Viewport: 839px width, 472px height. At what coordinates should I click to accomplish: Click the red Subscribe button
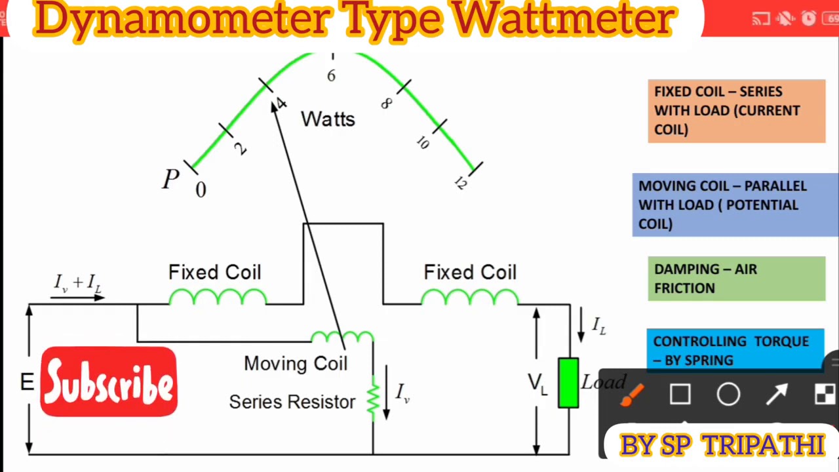point(109,382)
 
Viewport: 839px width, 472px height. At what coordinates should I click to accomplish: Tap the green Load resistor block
point(568,383)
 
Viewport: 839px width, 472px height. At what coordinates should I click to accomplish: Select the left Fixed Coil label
point(214,273)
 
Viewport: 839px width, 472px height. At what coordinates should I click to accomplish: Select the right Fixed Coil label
point(470,273)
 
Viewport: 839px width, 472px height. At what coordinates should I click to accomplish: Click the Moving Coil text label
point(296,364)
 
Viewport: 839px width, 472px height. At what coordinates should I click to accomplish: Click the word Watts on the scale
point(328,119)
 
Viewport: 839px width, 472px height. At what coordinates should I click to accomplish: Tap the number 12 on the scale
point(460,183)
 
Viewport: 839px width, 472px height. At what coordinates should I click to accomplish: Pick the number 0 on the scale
point(201,190)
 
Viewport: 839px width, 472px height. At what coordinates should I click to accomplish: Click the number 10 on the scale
point(422,143)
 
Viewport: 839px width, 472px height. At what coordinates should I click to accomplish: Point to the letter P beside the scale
point(170,179)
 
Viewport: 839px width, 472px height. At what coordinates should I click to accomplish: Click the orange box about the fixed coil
point(736,111)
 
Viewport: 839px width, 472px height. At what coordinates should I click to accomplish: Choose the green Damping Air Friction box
point(736,279)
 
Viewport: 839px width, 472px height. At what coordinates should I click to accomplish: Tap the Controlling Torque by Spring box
point(734,350)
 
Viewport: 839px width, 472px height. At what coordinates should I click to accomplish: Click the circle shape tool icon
point(728,395)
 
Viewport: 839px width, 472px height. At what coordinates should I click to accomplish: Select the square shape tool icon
point(680,395)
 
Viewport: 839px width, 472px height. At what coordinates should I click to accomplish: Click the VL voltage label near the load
point(537,383)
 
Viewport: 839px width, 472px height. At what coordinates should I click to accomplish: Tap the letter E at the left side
point(27,383)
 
